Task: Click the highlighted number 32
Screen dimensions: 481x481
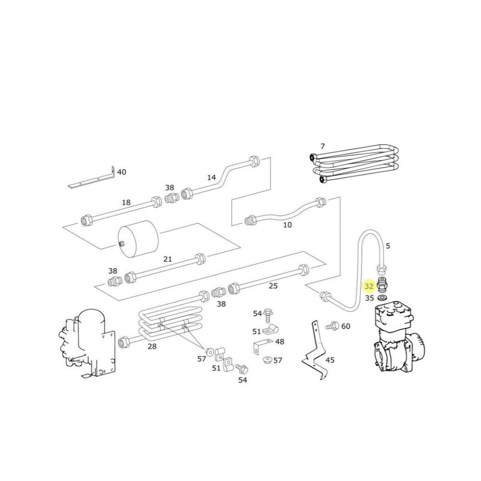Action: pos(369,287)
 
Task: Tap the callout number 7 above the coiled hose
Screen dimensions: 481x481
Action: pos(323,146)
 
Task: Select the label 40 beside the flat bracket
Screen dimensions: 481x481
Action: pos(122,172)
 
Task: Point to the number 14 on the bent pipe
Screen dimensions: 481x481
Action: pos(211,177)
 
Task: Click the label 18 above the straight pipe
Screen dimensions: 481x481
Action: pos(126,203)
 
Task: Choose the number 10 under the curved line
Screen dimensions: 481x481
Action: pos(287,225)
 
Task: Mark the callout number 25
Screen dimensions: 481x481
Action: pos(273,286)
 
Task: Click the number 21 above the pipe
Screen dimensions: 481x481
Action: pos(167,259)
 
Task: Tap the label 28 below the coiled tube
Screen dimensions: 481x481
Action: pos(152,346)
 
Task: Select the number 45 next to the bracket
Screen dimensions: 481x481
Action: pos(330,359)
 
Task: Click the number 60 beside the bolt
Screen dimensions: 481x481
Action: pos(346,326)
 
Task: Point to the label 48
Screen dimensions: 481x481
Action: pos(279,342)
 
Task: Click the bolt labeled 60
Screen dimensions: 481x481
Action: pos(332,326)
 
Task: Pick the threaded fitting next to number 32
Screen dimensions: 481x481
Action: pos(383,284)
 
